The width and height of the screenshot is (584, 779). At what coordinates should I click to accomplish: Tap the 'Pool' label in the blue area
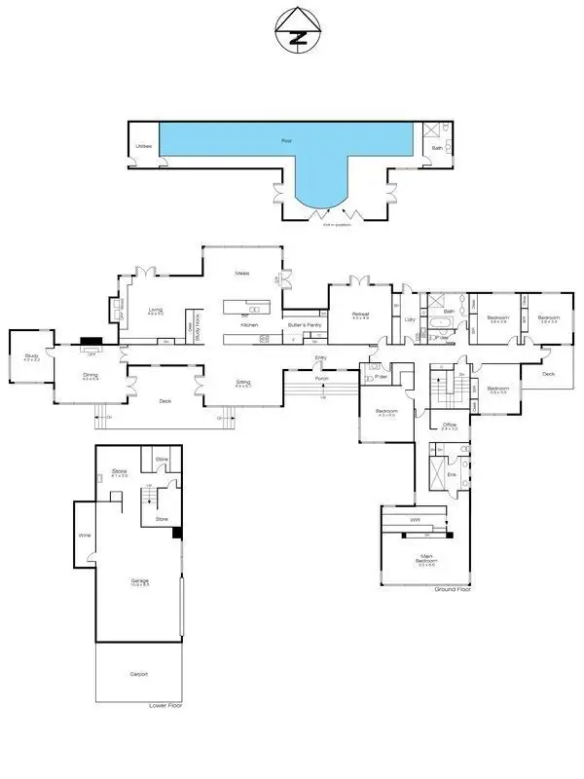click(286, 141)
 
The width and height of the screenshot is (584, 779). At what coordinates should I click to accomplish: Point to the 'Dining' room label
click(90, 376)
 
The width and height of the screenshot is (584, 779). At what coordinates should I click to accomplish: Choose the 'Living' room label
click(154, 311)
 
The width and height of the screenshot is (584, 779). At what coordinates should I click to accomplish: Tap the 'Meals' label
click(242, 274)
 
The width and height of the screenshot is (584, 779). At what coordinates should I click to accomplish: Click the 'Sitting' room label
click(243, 383)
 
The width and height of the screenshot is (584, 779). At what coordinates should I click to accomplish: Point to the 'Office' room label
click(449, 426)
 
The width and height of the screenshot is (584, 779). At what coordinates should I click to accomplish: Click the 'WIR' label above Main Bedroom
click(416, 519)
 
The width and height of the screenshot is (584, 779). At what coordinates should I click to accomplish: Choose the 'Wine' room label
click(84, 535)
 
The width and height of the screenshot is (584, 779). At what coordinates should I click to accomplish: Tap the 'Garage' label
click(139, 580)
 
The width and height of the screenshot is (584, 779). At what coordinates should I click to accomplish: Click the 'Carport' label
click(139, 674)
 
